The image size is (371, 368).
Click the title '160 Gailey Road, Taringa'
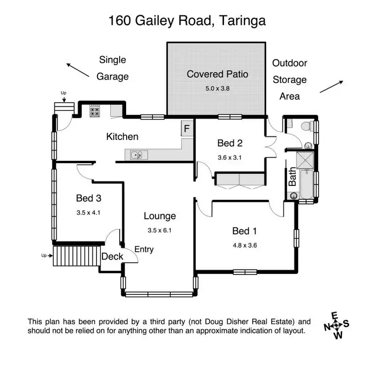pos(187,21)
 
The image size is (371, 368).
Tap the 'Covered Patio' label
pos(217,74)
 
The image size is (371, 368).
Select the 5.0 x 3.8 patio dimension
pos(217,89)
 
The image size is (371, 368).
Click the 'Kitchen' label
pos(122,137)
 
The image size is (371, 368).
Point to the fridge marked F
pos(186,130)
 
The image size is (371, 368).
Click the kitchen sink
pos(137,156)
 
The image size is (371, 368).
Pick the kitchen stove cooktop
pos(94,111)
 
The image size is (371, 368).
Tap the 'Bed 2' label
pos(230,143)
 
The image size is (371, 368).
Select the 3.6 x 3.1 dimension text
pos(230,158)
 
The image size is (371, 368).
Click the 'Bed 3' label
pos(89,198)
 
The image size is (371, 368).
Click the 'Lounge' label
pos(160,216)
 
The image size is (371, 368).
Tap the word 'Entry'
pos(143,249)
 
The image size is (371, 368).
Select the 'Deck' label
pos(112,256)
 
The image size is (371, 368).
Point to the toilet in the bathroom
pos(305,127)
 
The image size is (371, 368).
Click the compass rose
pos(336,325)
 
